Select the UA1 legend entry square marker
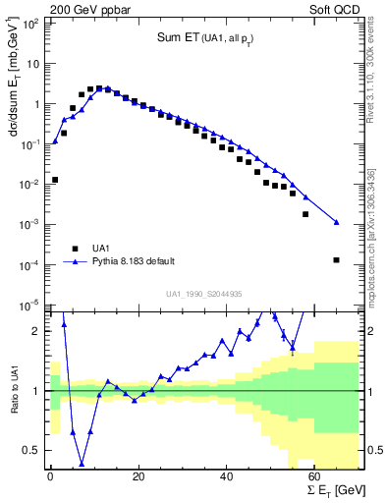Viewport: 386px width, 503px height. (x=73, y=248)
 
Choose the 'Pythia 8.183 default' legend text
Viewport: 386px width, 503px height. (x=134, y=261)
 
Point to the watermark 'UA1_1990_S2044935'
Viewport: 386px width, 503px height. (x=203, y=293)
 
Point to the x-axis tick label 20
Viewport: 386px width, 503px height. (x=138, y=476)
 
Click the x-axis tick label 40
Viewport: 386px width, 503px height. (x=227, y=476)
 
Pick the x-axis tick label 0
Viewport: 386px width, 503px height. (x=50, y=476)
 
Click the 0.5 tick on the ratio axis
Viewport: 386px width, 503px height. (x=33, y=450)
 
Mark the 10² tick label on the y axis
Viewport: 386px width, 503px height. (x=30, y=23)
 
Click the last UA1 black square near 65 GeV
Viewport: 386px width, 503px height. (x=337, y=260)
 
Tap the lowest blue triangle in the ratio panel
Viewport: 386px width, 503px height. (x=82, y=464)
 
